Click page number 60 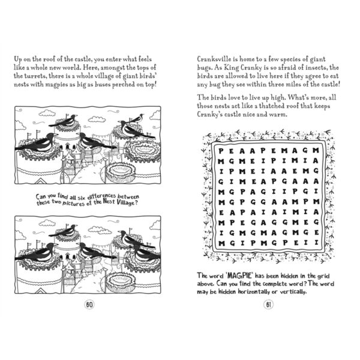pos(89,305)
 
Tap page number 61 pos(268,305)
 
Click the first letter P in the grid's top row pos(222,152)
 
